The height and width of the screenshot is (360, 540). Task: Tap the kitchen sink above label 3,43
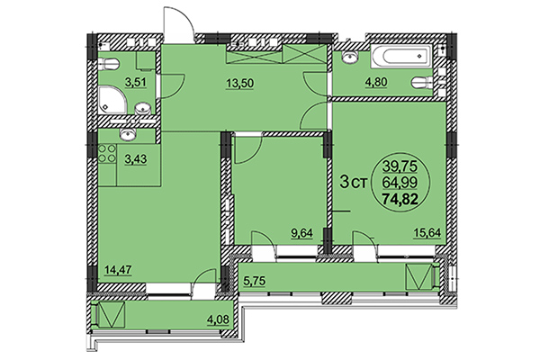click(128, 136)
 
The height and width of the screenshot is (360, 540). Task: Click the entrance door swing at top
click(177, 22)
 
